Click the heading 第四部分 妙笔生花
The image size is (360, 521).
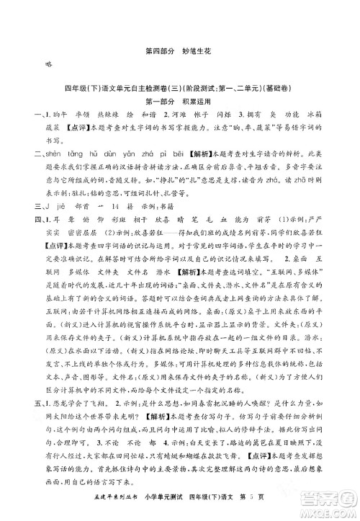coord(180,51)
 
